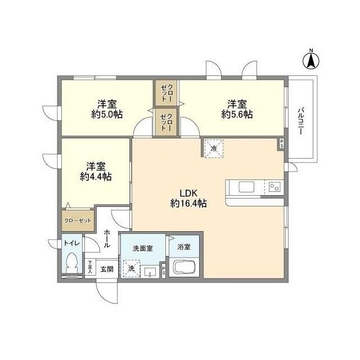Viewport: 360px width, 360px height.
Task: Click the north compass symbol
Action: (x=311, y=60)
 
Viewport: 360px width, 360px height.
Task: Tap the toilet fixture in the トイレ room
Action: (x=72, y=263)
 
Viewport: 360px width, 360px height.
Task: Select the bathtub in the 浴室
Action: (x=184, y=267)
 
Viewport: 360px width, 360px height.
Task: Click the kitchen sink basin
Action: (x=246, y=187)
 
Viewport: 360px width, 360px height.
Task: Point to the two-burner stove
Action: (x=274, y=187)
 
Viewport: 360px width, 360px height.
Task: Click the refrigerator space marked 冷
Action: (x=214, y=148)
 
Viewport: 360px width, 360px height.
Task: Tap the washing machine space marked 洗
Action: (x=131, y=269)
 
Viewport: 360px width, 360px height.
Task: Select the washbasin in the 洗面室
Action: (x=150, y=272)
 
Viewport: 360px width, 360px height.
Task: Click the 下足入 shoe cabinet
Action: (x=90, y=267)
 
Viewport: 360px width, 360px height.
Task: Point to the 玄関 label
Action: (x=107, y=269)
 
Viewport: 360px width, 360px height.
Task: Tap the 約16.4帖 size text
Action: (x=188, y=204)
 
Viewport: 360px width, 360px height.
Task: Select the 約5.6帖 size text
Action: (x=237, y=114)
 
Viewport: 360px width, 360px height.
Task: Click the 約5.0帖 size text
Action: (x=107, y=114)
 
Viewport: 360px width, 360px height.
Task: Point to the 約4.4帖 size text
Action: (x=96, y=177)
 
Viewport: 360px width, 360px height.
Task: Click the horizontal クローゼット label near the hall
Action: (x=78, y=220)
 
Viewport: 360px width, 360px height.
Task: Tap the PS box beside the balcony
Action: (x=281, y=144)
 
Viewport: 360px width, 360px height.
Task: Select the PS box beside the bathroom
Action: (x=164, y=270)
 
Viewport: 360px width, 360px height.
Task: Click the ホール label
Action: (x=106, y=238)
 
